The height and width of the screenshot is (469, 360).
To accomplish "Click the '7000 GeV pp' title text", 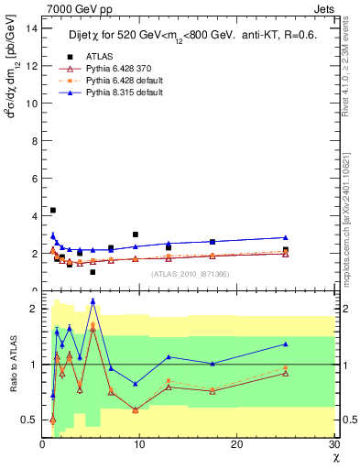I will point(74,8).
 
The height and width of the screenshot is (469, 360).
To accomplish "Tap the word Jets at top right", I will point(326,8).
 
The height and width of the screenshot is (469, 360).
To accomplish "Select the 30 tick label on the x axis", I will point(333,445).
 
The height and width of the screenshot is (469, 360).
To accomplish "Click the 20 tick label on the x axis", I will point(236,445).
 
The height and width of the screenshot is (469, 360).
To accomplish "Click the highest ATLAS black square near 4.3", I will point(52,211).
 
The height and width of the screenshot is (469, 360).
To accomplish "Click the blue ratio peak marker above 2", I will point(93,300).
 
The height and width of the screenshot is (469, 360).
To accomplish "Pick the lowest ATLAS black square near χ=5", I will point(93,272).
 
